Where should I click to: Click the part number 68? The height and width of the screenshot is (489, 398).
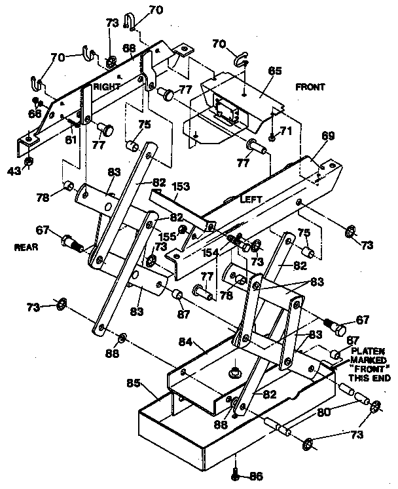[129, 48]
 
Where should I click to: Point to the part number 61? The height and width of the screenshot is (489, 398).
[70, 140]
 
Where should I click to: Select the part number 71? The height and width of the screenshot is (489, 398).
[285, 132]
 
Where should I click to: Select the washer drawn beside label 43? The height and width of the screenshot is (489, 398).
[29, 161]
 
